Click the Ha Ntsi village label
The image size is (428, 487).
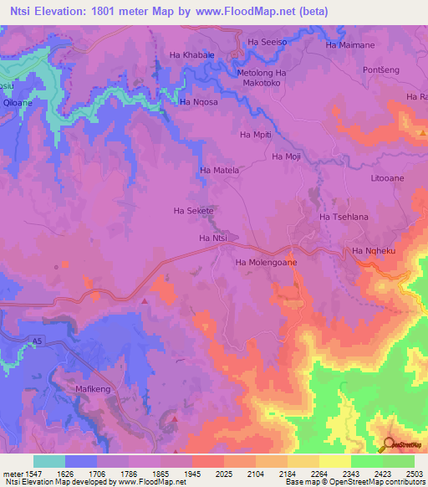[213, 238]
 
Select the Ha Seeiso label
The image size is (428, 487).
[267, 42]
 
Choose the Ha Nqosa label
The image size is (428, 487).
[198, 102]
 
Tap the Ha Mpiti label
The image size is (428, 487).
[257, 134]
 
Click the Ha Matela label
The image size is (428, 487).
[220, 170]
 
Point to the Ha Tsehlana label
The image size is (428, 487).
[344, 217]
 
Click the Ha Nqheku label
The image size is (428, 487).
[372, 250]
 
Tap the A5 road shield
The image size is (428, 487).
[36, 341]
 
